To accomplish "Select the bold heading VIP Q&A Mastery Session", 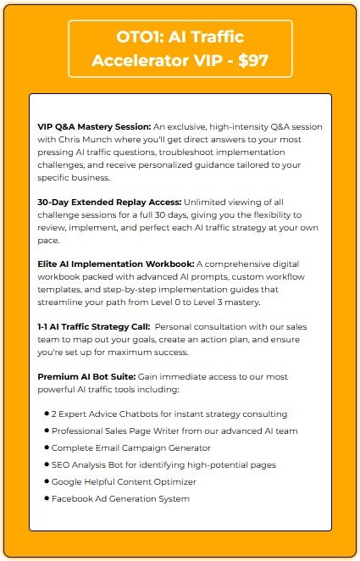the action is [x=94, y=125].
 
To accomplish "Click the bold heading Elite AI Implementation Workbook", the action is [x=116, y=264].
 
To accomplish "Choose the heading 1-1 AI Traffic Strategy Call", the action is [x=92, y=326].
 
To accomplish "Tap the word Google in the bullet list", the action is [x=68, y=481].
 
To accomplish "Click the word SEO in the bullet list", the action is [x=61, y=464].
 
